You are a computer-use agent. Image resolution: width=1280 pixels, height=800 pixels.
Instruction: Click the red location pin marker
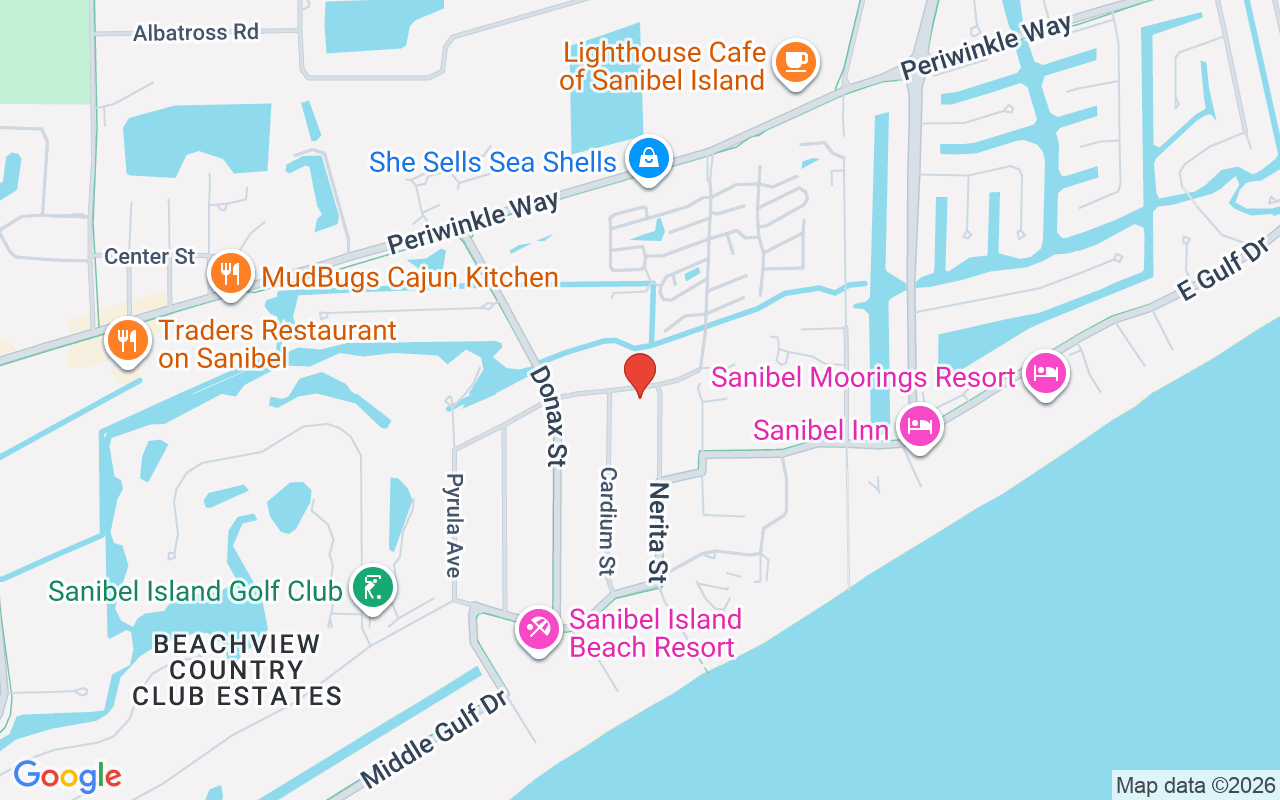click(640, 374)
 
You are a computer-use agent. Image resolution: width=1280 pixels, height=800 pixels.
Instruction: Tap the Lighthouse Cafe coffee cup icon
click(796, 62)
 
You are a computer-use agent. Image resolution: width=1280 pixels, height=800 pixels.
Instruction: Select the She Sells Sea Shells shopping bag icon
click(649, 158)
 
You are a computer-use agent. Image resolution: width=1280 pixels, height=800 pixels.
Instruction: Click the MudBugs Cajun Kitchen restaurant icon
click(230, 272)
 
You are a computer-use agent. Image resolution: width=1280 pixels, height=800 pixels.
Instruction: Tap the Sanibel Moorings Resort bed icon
click(1045, 375)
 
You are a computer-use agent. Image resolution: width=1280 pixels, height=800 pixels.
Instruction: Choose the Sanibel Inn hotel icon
click(919, 427)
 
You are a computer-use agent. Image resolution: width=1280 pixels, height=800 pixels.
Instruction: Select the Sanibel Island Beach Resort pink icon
click(539, 629)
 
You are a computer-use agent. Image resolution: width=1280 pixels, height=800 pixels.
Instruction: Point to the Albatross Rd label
click(196, 32)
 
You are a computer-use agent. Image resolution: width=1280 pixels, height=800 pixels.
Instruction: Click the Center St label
click(150, 257)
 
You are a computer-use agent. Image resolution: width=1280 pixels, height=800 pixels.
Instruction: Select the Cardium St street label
click(607, 520)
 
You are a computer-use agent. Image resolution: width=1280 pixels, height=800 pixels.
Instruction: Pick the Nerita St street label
click(657, 532)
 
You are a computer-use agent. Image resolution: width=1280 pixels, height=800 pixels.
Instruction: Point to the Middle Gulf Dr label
click(435, 736)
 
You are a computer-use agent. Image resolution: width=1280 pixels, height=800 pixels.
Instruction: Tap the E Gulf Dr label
click(1222, 268)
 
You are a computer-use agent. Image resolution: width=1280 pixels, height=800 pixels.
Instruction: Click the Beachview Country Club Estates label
click(237, 670)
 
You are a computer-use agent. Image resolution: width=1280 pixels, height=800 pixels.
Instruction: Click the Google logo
click(67, 776)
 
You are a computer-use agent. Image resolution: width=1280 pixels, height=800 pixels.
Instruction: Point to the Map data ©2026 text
click(1195, 785)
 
